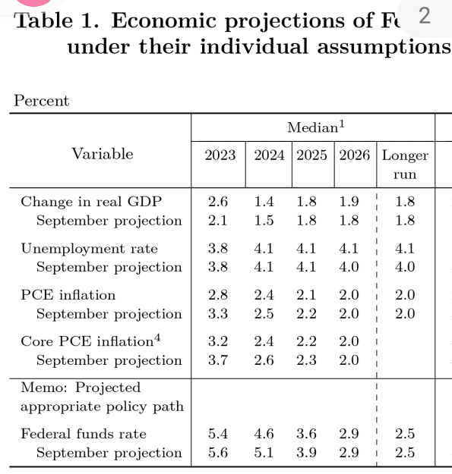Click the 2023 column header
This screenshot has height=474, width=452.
point(220,155)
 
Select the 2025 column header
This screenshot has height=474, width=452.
point(311,155)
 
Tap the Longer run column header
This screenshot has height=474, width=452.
point(405,165)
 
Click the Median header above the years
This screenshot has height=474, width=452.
point(316,127)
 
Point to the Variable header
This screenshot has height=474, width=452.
point(103,153)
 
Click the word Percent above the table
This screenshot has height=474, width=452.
point(42,100)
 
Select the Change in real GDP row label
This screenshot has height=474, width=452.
point(91,202)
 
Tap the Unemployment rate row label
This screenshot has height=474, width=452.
point(90,249)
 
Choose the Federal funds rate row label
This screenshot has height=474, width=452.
point(84,434)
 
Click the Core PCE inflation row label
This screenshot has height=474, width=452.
point(87,341)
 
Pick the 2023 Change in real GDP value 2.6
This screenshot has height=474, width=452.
point(218,202)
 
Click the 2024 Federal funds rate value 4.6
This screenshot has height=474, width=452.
point(264,434)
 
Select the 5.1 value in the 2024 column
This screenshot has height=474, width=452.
point(264,453)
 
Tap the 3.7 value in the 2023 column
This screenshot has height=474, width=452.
point(218,360)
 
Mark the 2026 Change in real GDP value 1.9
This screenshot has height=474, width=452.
point(349,202)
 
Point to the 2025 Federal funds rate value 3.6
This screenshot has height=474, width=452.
point(306,434)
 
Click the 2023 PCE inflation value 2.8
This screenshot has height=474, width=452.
point(218,295)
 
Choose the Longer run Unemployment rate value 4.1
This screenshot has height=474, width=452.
point(405,249)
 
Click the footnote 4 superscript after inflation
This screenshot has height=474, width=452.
point(157,337)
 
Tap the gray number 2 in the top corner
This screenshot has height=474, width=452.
point(425,16)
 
